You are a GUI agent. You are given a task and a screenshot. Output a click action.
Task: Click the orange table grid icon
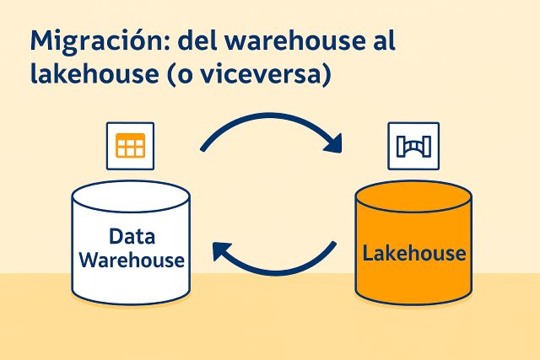[130, 145]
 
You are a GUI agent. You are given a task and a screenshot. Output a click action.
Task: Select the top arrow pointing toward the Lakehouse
[270, 126]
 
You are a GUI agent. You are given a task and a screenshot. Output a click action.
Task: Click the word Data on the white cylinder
[132, 237]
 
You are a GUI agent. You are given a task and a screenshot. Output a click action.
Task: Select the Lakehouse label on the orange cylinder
[413, 253]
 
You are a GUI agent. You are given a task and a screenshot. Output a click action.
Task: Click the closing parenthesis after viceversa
[329, 75]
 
